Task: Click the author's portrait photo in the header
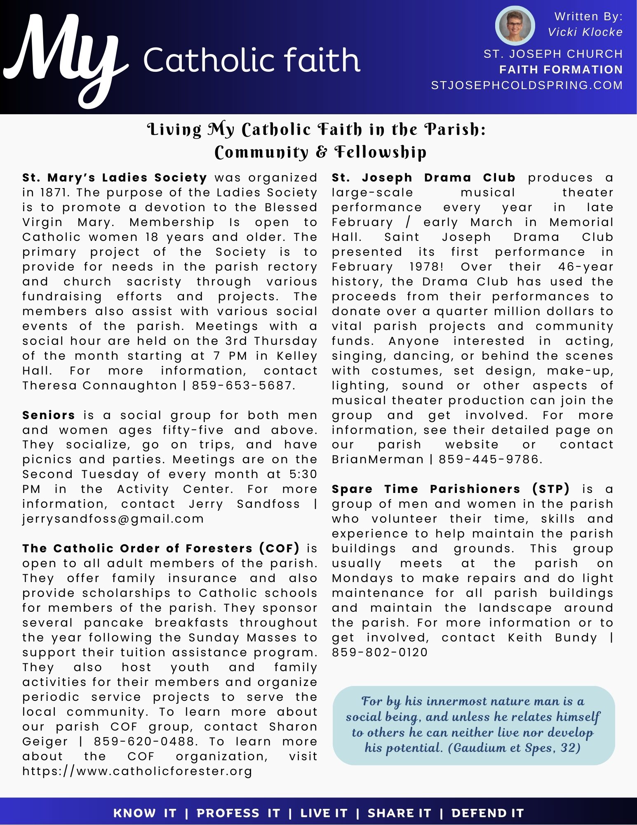point(515,26)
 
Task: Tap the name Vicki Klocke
point(585,32)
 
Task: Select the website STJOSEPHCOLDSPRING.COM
point(527,85)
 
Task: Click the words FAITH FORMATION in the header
point(561,70)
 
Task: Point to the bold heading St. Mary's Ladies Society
point(114,178)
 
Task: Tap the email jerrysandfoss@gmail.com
point(113,519)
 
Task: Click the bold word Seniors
point(49,415)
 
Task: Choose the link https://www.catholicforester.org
point(137,771)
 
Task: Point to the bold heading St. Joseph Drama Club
point(423,178)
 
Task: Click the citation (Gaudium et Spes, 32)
point(514,748)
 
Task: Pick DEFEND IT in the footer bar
point(487,813)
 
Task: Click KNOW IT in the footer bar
point(145,813)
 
